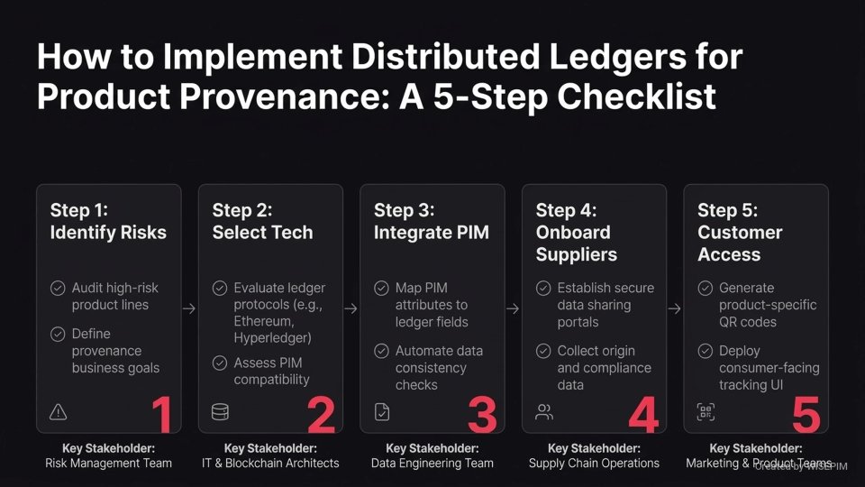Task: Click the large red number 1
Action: pos(160,415)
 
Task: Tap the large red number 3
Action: pos(483,415)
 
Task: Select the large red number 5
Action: pos(806,415)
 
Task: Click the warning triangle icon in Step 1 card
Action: pos(59,412)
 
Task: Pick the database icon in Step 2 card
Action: pos(220,412)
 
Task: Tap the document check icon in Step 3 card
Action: pos(382,412)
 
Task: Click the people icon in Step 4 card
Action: pos(544,412)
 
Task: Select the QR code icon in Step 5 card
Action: pos(706,412)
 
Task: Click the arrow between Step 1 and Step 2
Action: pos(189,308)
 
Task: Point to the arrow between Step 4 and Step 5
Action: pos(675,308)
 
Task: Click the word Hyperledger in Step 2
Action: pos(274,339)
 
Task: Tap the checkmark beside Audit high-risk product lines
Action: pos(58,289)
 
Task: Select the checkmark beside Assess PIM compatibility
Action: pos(220,363)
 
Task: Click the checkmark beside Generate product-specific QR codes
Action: pos(706,289)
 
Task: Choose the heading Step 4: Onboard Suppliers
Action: pos(577,233)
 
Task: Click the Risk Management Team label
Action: pos(108,463)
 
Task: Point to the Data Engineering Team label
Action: pos(432,463)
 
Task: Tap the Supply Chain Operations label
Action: pos(594,463)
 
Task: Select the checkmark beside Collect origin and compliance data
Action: pos(543,351)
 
